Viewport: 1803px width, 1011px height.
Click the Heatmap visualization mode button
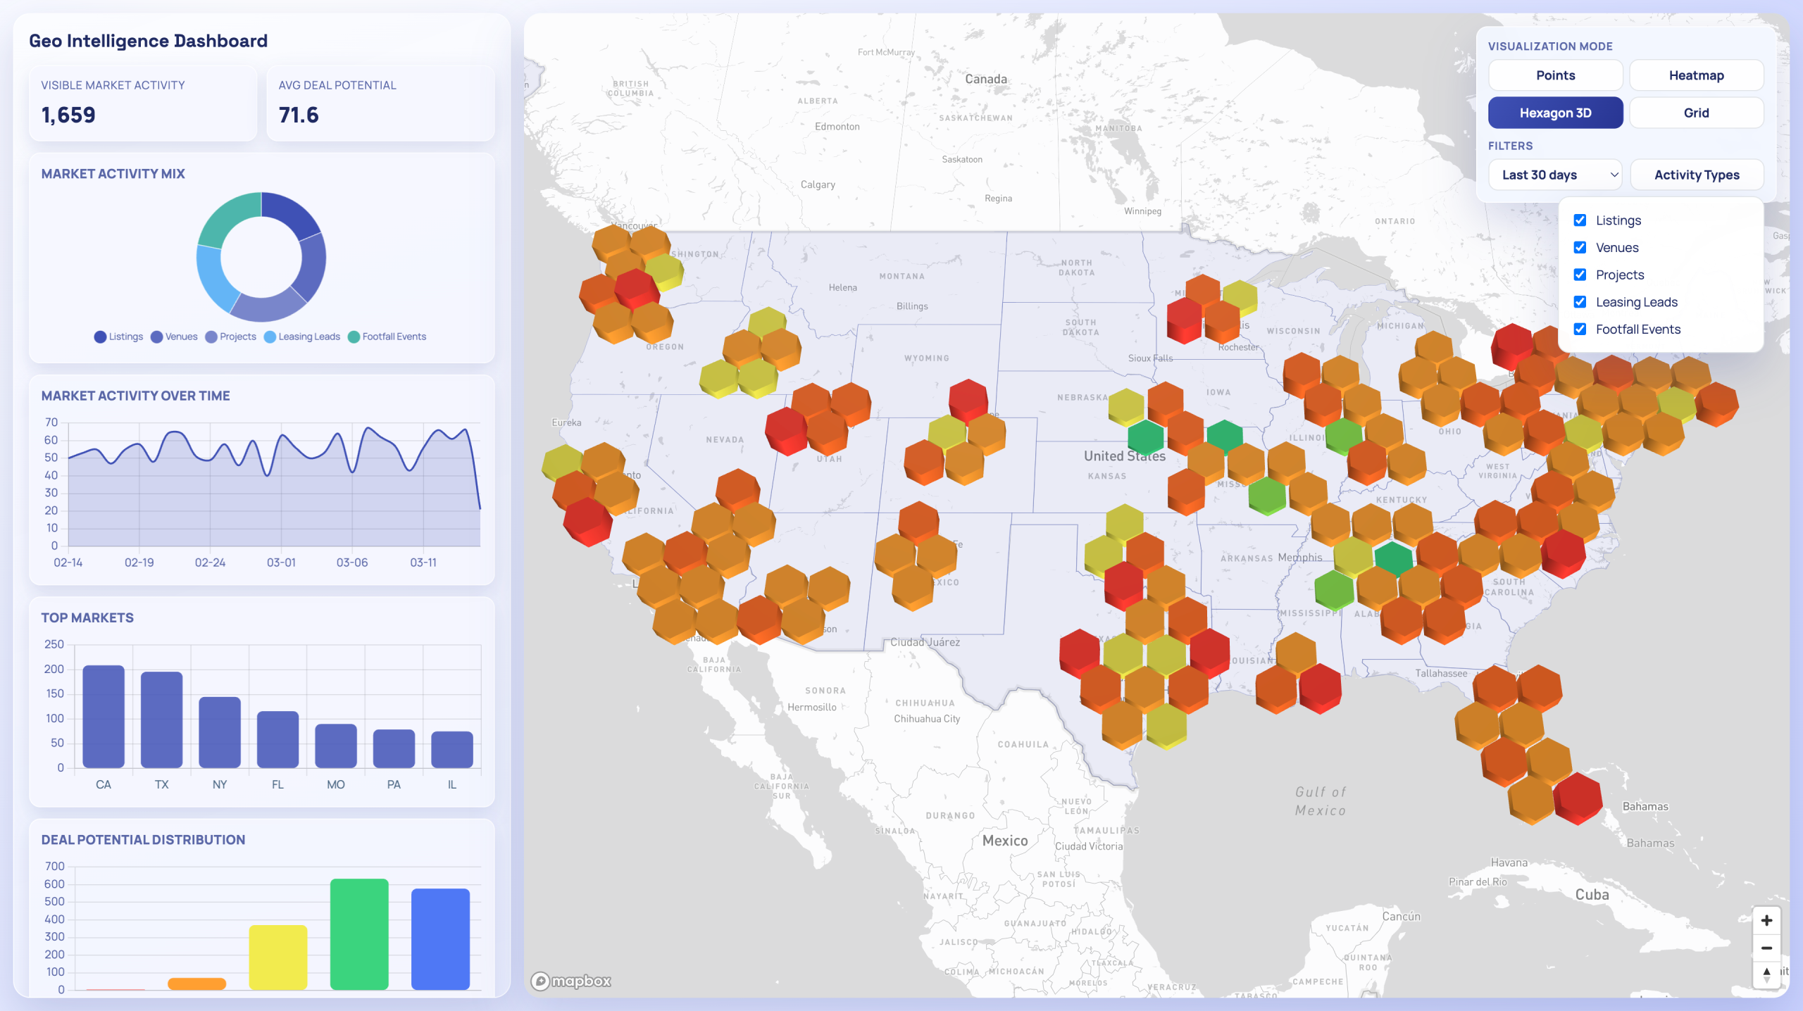click(1696, 75)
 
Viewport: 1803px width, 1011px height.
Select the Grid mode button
click(1696, 113)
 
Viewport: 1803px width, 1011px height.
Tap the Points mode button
click(1555, 75)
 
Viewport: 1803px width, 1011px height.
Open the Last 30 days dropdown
click(1555, 175)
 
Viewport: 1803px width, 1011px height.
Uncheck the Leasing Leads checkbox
click(1580, 302)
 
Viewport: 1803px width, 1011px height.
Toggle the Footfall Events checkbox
click(1580, 329)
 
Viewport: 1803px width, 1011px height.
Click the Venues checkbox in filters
click(1580, 248)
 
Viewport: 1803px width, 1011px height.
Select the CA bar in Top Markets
click(104, 716)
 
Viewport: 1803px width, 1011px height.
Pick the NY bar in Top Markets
click(220, 732)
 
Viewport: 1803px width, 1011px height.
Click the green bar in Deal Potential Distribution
click(359, 934)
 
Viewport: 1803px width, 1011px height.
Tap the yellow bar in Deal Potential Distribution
click(278, 957)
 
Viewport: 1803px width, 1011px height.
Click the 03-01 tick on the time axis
click(281, 563)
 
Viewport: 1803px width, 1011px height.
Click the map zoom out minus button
click(1766, 948)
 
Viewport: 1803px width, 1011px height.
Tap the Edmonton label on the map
click(837, 127)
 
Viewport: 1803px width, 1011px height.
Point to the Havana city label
click(1509, 862)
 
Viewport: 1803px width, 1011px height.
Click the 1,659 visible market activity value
click(68, 115)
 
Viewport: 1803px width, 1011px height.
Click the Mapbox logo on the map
click(571, 981)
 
